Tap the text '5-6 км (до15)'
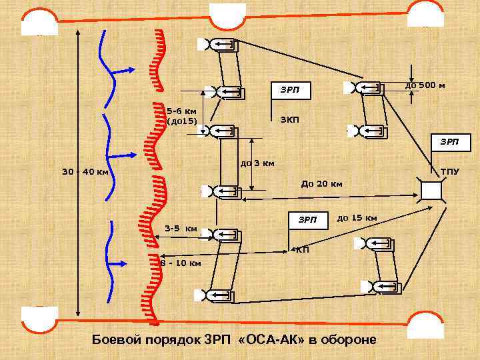tap(181, 116)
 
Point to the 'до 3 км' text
tap(257, 163)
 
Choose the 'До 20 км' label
tap(322, 183)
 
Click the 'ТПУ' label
tap(450, 171)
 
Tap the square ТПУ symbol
tap(431, 191)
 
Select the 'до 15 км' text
tap(357, 217)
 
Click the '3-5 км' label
tap(181, 229)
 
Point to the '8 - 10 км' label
tap(181, 263)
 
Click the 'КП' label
tap(302, 250)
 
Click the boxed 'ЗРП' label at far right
tap(449, 142)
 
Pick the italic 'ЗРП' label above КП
tap(307, 219)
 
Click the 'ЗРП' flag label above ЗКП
tap(290, 89)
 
